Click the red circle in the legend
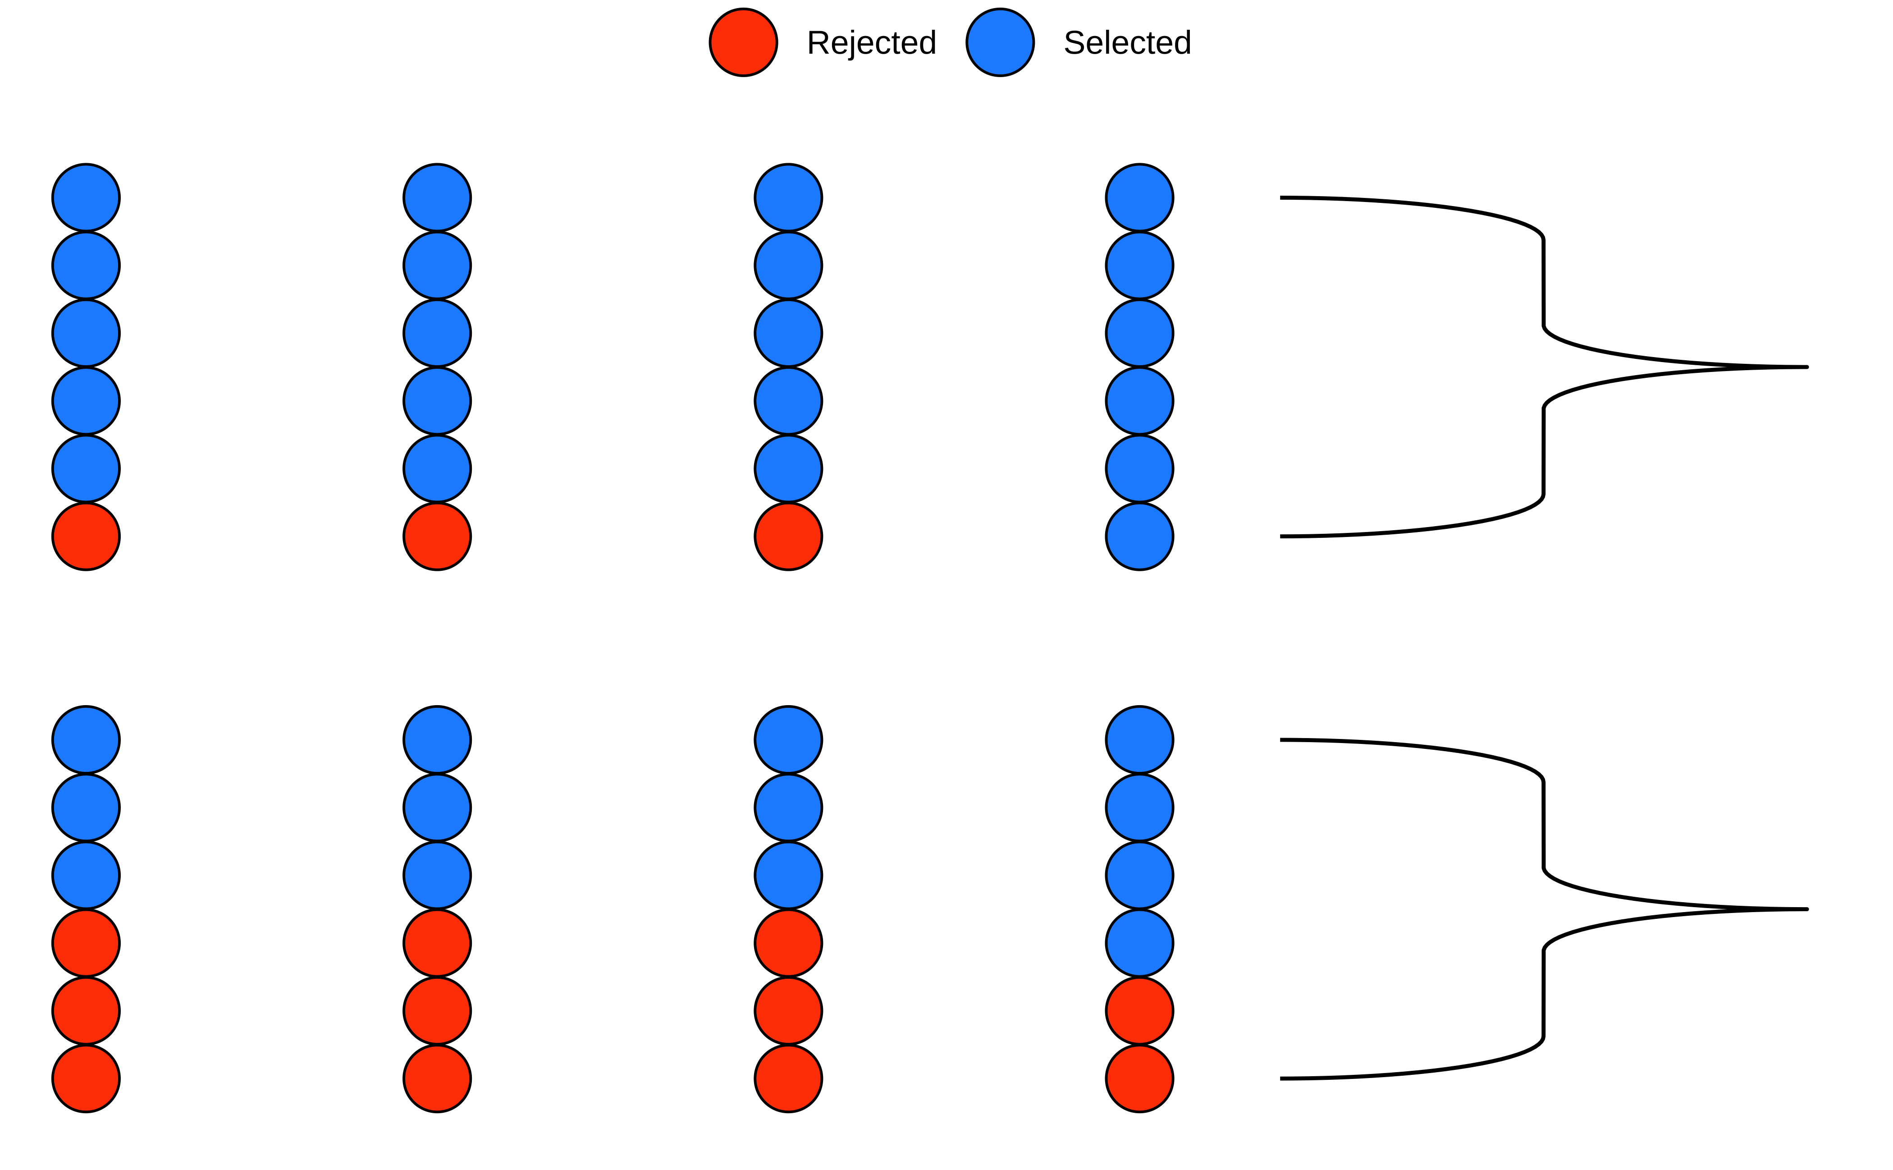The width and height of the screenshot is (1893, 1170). [743, 42]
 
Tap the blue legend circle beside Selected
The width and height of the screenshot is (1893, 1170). [1000, 42]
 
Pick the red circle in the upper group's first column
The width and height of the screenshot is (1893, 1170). [86, 536]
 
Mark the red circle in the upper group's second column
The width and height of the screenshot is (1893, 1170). [437, 536]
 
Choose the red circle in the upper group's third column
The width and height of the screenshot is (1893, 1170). [788, 536]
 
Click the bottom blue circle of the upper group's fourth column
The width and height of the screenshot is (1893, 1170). [1139, 536]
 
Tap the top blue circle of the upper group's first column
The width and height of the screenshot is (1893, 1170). [86, 197]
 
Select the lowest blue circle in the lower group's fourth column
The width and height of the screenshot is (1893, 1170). [1139, 943]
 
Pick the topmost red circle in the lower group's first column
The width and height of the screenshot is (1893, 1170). [86, 943]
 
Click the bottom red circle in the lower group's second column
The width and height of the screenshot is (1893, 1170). [437, 1078]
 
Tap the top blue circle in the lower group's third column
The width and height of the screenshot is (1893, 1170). [788, 740]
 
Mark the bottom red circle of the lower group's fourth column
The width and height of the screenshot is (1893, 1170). [1139, 1078]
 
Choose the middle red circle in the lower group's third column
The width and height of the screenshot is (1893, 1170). [788, 1010]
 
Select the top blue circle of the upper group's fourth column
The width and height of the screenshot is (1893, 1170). [1139, 197]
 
